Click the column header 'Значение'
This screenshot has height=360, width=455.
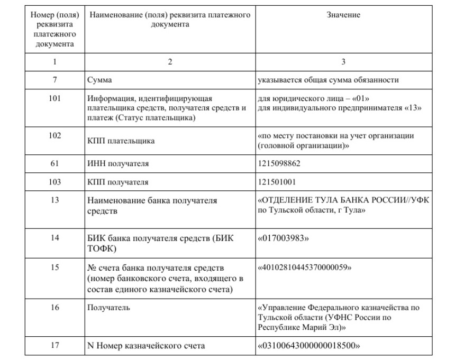(343, 15)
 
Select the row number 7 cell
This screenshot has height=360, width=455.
(55, 80)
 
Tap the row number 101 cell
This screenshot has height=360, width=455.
(55, 98)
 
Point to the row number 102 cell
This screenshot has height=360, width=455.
(55, 135)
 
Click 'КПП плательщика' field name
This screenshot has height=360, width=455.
(121, 141)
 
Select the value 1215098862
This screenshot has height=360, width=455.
(279, 163)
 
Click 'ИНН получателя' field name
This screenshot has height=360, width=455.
(118, 164)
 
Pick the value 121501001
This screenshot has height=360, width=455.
(277, 182)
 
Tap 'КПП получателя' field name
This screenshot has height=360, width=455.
(118, 182)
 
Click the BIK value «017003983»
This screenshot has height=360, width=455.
(283, 238)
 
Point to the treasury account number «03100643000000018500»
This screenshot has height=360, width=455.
(308, 346)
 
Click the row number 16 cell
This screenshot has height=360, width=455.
(55, 307)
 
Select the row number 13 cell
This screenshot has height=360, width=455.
(55, 200)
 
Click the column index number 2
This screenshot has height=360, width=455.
(170, 62)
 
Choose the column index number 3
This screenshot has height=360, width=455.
(343, 62)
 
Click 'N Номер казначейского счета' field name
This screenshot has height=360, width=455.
(146, 346)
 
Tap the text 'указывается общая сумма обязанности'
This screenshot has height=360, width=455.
(328, 80)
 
